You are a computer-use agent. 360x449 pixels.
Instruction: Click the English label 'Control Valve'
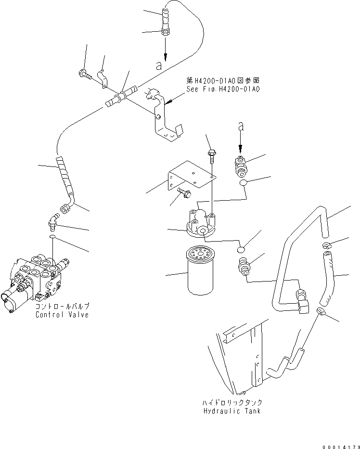[x=62, y=315]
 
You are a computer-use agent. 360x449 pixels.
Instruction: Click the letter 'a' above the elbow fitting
[x=241, y=127]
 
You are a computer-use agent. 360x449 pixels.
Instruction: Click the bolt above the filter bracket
[x=211, y=154]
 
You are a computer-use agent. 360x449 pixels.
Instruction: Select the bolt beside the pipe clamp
[x=83, y=74]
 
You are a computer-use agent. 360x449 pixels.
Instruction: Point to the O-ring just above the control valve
[x=53, y=237]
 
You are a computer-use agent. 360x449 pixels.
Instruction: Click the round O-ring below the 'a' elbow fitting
[x=244, y=182]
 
